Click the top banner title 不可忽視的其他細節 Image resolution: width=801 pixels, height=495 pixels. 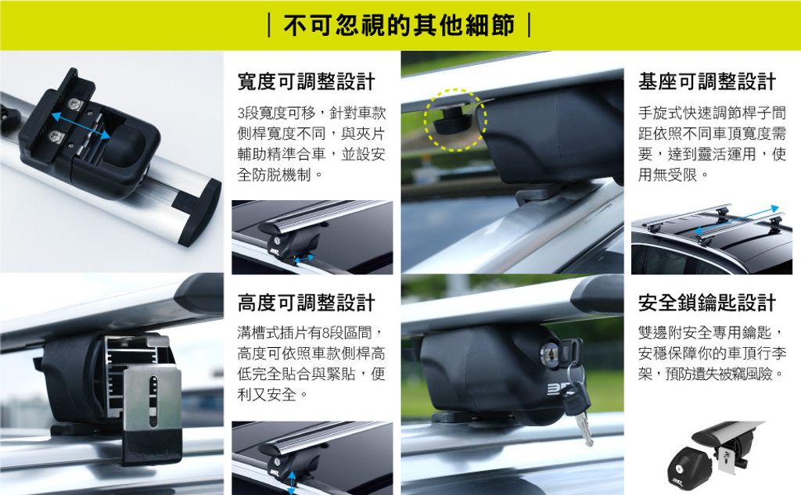coord(399,26)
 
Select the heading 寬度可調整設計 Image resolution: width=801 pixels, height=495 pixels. coord(307,82)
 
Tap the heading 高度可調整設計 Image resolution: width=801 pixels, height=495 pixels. coord(307,303)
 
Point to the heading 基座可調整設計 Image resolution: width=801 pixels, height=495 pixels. coord(707,82)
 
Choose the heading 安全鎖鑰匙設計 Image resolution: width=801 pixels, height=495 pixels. coord(707,303)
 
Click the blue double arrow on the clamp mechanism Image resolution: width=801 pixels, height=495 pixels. coord(81,126)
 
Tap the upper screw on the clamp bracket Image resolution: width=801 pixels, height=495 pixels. coord(77,104)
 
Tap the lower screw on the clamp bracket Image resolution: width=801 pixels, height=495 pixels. coord(55,135)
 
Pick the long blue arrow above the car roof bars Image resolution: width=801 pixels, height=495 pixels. coord(737,220)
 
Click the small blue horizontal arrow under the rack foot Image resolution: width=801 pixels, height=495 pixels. coord(304,260)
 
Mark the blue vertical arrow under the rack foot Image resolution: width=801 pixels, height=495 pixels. coord(292,482)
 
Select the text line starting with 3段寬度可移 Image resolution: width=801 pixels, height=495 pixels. coord(311,113)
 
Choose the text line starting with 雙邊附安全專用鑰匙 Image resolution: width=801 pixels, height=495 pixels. coord(710,333)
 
